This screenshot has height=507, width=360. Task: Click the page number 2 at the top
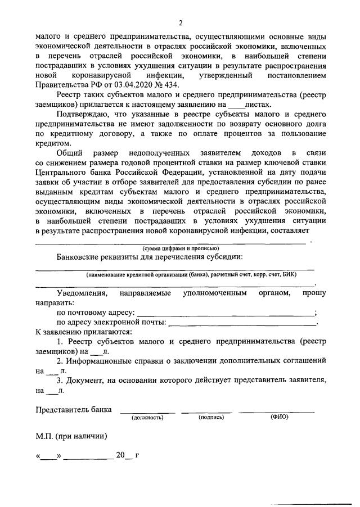pyautogui.click(x=180, y=22)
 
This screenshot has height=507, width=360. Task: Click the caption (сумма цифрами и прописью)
pyautogui.click(x=180, y=248)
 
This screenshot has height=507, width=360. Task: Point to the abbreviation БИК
pyautogui.click(x=288, y=274)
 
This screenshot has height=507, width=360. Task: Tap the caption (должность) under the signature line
pyautogui.click(x=147, y=418)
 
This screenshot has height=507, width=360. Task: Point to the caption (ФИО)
pyautogui.click(x=279, y=418)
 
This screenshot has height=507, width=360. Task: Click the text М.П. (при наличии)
pyautogui.click(x=71, y=436)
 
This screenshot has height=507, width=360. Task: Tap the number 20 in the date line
pyautogui.click(x=121, y=456)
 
